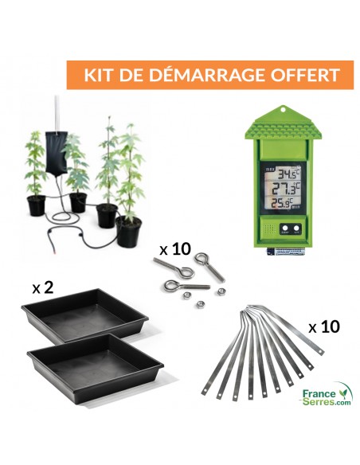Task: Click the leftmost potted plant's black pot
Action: tap(37, 205)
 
